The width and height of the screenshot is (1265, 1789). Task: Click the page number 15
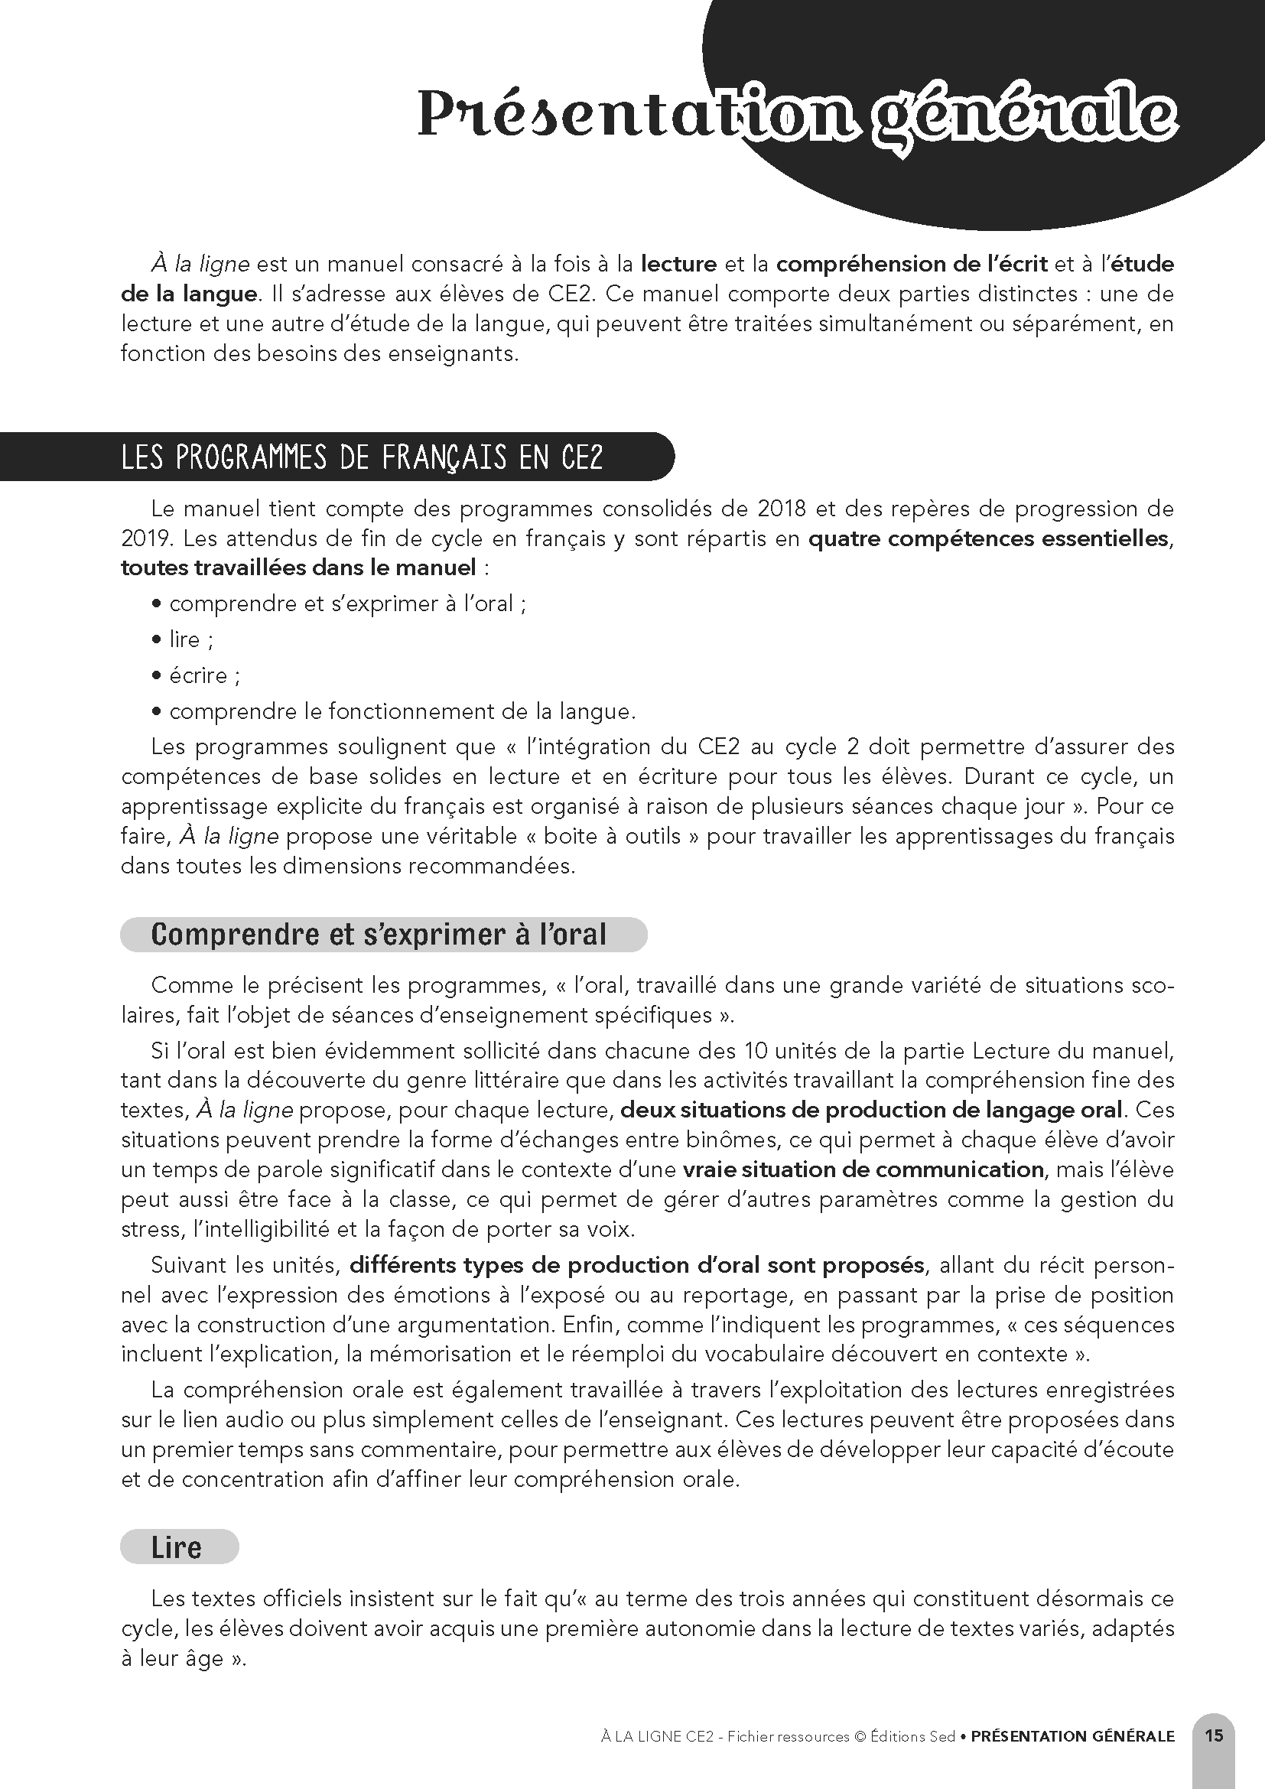pos(1214,1735)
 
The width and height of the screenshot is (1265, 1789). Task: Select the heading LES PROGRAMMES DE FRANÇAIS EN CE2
pos(363,457)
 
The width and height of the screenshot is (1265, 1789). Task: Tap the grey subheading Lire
pos(177,1547)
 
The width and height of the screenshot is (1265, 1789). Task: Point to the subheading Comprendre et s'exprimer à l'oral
pos(379,934)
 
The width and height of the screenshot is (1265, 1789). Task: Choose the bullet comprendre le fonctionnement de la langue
pos(402,711)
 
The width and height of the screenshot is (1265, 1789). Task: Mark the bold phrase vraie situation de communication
pos(862,1169)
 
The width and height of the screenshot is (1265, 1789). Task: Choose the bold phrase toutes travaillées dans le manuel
pos(298,568)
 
